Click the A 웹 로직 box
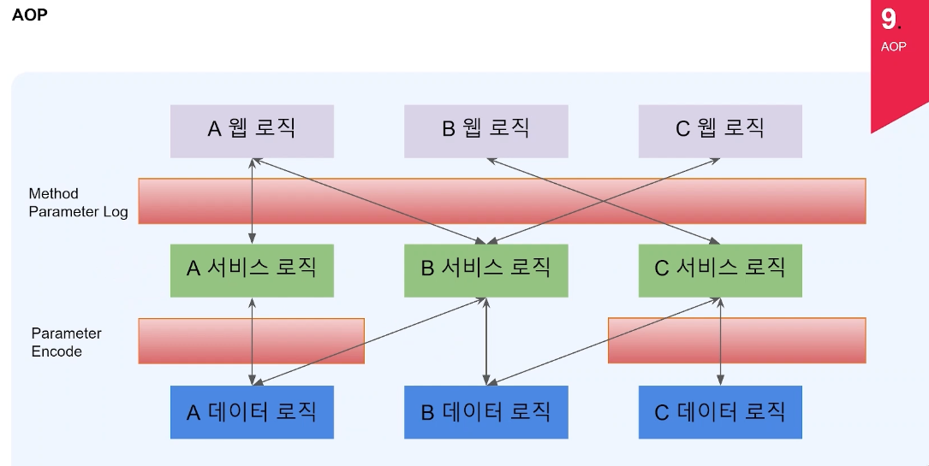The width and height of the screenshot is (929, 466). [x=252, y=131]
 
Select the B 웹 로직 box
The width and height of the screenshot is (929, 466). [x=485, y=131]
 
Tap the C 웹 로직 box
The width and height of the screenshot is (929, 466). [x=720, y=131]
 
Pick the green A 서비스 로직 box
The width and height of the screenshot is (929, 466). [x=252, y=270]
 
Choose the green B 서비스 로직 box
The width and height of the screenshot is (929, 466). [x=485, y=270]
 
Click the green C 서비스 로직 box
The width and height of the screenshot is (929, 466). [x=720, y=270]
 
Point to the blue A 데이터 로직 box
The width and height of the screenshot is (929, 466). [x=252, y=412]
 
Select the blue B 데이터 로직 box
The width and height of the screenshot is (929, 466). [x=485, y=412]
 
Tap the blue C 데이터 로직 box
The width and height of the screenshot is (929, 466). [x=720, y=412]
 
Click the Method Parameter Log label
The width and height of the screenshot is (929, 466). [x=78, y=203]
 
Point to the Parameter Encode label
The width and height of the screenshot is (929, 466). [x=66, y=342]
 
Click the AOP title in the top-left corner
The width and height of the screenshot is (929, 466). [x=29, y=15]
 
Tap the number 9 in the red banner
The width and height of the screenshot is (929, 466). [x=888, y=20]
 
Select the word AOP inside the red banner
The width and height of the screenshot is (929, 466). [x=893, y=47]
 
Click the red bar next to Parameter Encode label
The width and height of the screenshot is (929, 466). [x=197, y=340]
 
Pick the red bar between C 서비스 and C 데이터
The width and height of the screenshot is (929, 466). [x=796, y=340]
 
